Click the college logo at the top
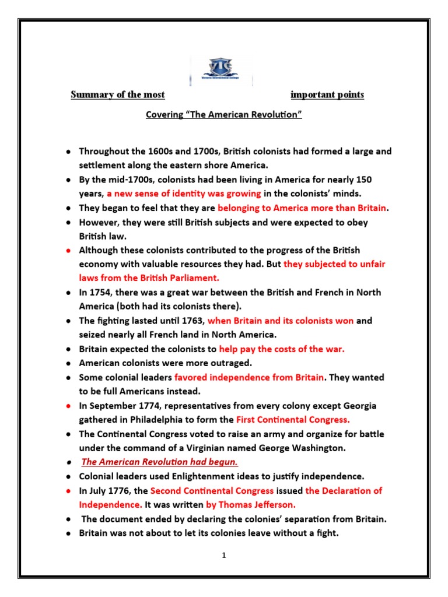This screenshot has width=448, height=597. click(221, 69)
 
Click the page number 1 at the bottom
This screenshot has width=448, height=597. click(223, 556)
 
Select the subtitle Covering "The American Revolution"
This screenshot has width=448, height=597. click(223, 115)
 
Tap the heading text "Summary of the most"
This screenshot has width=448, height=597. click(118, 94)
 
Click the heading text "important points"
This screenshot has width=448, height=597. click(327, 94)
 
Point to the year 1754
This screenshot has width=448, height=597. click(101, 292)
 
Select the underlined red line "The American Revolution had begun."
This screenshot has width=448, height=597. click(159, 462)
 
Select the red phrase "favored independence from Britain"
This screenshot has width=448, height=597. click(249, 377)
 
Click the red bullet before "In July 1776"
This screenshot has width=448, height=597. click(68, 491)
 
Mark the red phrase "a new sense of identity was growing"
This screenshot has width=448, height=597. click(184, 194)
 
